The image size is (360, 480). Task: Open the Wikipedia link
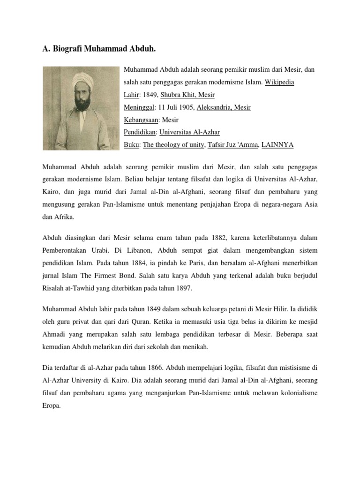coord(279,82)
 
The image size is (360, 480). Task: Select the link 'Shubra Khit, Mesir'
coord(187,95)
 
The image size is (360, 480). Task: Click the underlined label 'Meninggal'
coord(138,107)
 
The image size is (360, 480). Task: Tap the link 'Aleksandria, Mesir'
coord(224,107)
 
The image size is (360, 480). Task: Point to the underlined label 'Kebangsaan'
coord(141,120)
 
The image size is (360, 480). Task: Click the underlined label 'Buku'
coord(132,145)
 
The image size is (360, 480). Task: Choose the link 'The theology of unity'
coord(173,145)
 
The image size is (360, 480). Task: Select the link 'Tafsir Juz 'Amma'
coord(233,145)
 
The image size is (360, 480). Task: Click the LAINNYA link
coord(277,145)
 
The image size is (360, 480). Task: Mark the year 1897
coord(183,288)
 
